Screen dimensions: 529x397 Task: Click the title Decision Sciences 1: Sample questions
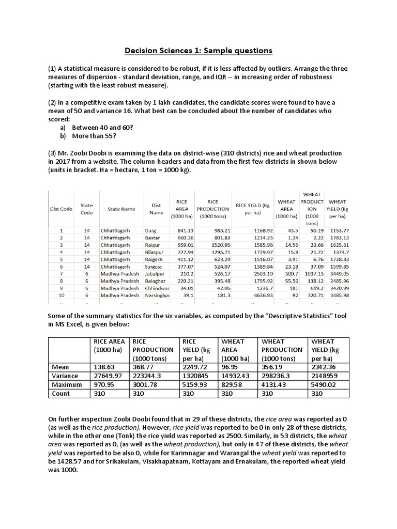pos(198,51)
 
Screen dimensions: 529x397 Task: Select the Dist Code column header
pos(60,209)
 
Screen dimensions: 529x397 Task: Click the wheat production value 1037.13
pos(313,272)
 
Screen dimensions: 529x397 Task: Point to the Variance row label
pos(66,376)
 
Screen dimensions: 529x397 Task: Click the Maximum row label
pos(67,385)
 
